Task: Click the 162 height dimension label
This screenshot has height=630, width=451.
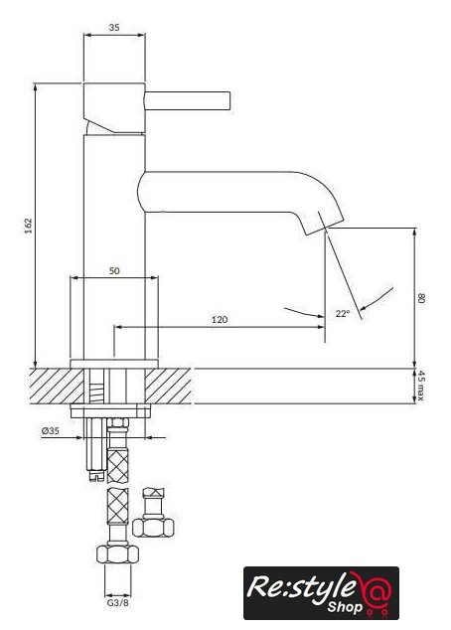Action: click(x=28, y=227)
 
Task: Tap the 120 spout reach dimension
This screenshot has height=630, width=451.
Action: click(x=220, y=319)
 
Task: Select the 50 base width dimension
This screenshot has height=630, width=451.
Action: click(x=114, y=271)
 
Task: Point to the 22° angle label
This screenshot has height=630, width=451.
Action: click(x=343, y=313)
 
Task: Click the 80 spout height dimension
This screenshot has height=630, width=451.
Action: click(x=421, y=298)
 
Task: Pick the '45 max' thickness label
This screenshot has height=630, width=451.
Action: click(x=420, y=386)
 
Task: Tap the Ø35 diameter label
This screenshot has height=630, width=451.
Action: click(x=51, y=430)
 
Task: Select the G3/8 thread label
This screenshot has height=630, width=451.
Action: click(x=117, y=603)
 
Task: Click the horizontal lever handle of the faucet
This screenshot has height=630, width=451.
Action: click(x=187, y=100)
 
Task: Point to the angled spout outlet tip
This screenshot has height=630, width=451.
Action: click(x=324, y=228)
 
